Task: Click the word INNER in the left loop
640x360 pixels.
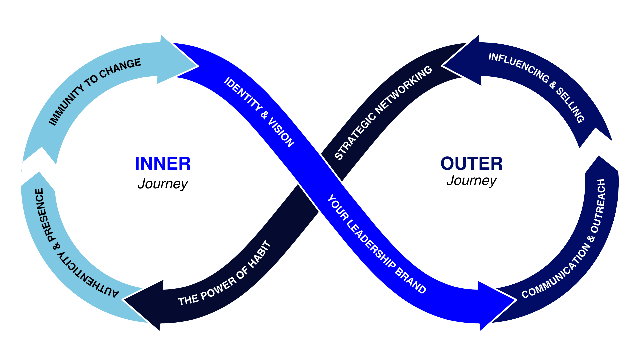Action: (163, 164)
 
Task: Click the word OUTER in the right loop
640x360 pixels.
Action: (471, 164)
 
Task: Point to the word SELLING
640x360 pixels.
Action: (570, 105)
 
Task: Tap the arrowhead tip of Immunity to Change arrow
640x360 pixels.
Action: (198, 66)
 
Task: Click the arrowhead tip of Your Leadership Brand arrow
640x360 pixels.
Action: (516, 300)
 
